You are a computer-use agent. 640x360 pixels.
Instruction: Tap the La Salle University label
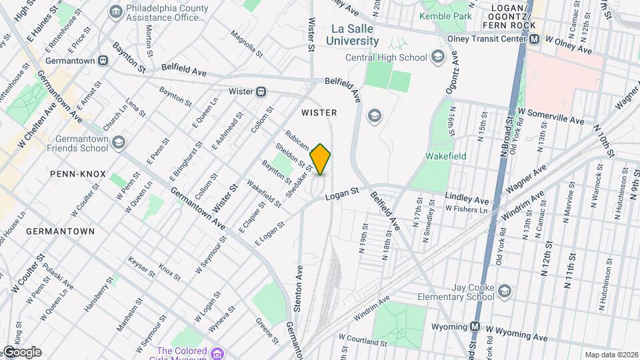(353, 35)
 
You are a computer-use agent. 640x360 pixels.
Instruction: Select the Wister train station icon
(262, 91)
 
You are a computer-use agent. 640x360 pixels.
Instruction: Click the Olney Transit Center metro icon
(534, 39)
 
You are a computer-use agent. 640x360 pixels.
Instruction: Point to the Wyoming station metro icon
(475, 327)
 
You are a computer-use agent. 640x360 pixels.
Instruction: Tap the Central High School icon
(438, 57)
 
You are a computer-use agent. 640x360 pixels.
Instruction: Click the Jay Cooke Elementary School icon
(505, 290)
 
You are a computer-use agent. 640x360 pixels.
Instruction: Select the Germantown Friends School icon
(119, 141)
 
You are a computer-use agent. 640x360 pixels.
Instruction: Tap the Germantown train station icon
(103, 61)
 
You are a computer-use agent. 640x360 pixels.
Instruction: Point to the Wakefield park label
(446, 156)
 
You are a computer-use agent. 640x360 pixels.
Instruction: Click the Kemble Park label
(445, 14)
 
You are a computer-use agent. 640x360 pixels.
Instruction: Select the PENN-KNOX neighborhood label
(77, 174)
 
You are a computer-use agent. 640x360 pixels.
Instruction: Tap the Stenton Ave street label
(299, 282)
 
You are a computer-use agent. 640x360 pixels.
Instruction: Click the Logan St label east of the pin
(343, 193)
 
